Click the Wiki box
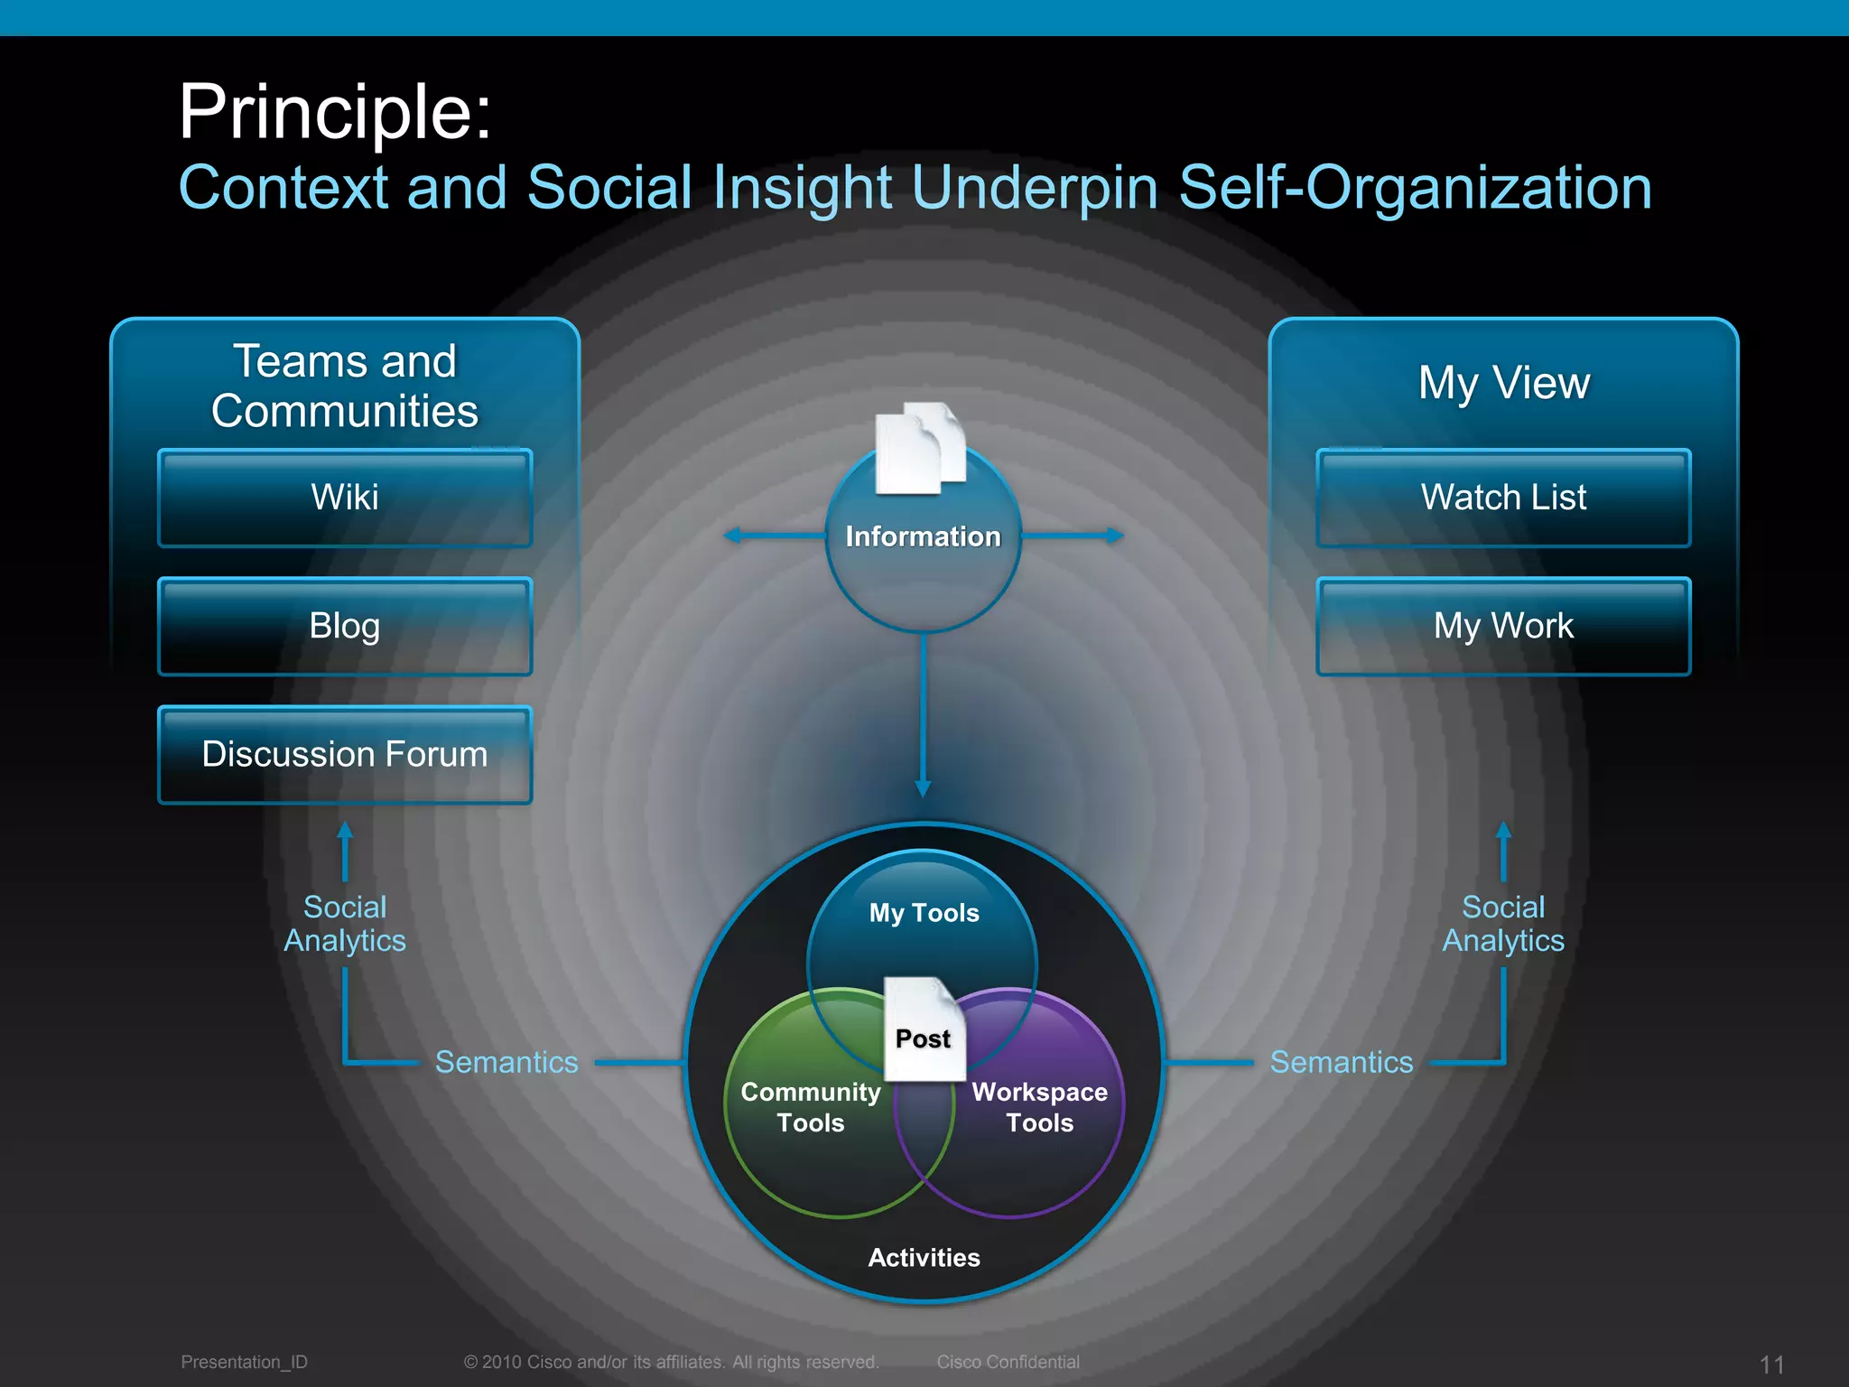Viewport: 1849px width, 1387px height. click(345, 498)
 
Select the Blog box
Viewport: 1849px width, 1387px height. click(345, 626)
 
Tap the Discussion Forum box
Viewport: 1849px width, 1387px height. click(345, 754)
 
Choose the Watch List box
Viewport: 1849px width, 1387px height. click(1503, 498)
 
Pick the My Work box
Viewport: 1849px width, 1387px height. click(1503, 626)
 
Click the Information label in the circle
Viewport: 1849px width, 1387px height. click(923, 536)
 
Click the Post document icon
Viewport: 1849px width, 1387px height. click(924, 1029)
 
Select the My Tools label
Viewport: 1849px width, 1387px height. click(924, 913)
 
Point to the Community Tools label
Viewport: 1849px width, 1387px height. click(811, 1107)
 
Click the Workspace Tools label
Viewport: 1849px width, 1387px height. click(1039, 1107)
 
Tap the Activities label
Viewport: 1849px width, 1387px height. click(924, 1258)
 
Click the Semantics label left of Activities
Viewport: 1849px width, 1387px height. click(506, 1062)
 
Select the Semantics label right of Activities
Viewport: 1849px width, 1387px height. click(1342, 1062)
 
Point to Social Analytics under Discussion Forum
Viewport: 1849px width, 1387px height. click(345, 924)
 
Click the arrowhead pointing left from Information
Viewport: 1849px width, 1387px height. click(732, 535)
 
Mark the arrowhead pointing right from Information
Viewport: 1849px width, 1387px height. click(1116, 535)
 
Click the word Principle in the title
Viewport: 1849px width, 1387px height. click(335, 112)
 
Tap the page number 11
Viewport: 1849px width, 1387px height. click(1771, 1364)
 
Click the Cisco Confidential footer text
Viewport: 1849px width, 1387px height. click(1008, 1362)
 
